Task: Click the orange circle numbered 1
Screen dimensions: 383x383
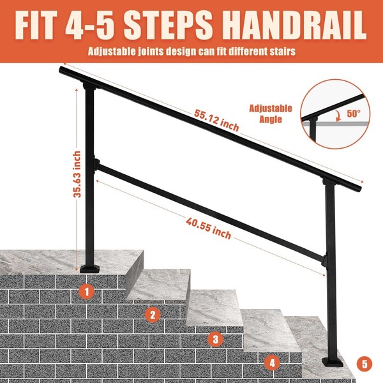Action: coord(87,291)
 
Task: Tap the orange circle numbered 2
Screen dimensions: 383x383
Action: coord(153,315)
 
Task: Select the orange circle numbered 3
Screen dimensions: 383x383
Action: coord(216,339)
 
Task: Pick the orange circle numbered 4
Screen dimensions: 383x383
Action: coord(272,363)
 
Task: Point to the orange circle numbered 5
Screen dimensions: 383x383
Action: coord(364,364)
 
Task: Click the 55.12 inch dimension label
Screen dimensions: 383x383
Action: coord(216,120)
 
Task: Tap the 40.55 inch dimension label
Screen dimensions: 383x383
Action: coord(208,229)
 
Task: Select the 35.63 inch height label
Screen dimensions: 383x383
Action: coord(77,174)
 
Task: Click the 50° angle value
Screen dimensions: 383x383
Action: coord(354,113)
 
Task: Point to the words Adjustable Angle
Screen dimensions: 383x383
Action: coord(271,114)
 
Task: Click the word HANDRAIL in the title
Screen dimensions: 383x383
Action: coord(294,25)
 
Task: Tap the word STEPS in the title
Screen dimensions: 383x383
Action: coord(168,25)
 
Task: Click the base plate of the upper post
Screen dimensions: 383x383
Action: coord(90,268)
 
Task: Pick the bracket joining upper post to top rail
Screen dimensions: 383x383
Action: coord(89,86)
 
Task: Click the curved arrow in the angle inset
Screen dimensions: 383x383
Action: coord(338,115)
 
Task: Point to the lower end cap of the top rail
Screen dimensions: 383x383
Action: coord(359,189)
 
